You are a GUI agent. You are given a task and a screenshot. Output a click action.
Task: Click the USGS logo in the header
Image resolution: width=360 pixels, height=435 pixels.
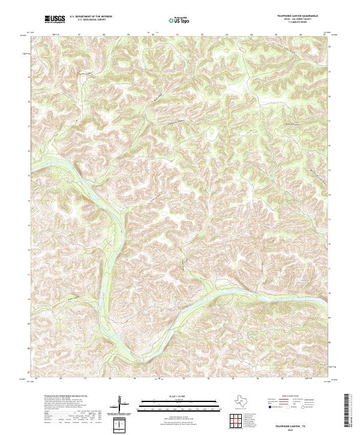tap(55, 20)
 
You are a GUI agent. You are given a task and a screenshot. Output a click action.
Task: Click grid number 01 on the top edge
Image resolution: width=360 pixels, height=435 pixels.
tap(178, 35)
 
